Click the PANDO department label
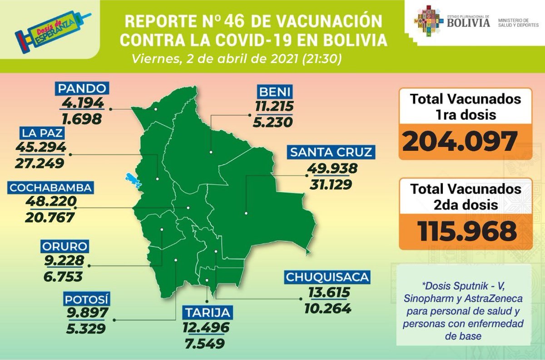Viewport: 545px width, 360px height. (82, 88)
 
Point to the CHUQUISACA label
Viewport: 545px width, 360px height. (327, 277)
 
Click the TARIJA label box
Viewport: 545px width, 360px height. (208, 313)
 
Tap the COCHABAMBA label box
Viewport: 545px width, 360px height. (51, 187)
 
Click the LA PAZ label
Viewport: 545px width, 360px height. (41, 133)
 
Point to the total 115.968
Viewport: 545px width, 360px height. (467, 231)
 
